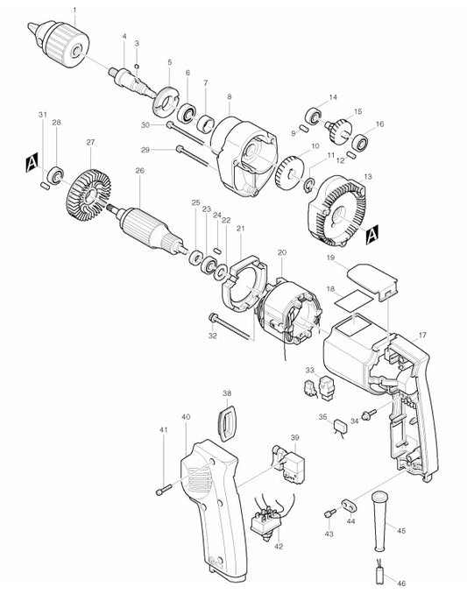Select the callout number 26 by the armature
click(x=138, y=171)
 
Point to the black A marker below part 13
click(x=372, y=234)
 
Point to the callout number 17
click(x=422, y=336)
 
